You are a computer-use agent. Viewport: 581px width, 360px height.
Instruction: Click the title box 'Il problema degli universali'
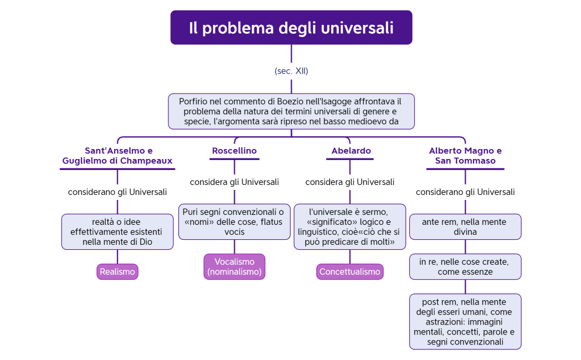[291, 27]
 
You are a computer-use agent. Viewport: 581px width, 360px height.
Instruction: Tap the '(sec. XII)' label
[291, 71]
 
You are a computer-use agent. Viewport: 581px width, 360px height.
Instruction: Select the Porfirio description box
[291, 111]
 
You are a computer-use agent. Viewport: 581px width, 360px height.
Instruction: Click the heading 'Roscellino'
[234, 151]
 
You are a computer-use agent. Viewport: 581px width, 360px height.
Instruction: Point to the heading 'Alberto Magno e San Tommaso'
[465, 156]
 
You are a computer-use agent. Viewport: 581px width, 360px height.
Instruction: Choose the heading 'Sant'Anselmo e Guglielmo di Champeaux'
[117, 156]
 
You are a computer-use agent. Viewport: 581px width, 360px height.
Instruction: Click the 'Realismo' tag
[117, 271]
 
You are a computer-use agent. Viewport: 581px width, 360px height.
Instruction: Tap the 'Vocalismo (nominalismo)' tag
[234, 266]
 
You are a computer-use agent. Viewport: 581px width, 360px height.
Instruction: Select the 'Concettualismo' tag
[350, 271]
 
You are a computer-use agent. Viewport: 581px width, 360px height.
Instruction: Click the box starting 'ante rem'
[465, 227]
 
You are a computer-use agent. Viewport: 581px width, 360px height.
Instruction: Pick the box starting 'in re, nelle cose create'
[465, 266]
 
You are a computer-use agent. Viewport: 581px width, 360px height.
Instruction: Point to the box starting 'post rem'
[465, 321]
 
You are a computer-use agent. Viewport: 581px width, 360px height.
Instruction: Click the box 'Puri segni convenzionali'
[234, 222]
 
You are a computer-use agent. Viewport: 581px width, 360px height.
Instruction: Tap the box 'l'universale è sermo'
[350, 227]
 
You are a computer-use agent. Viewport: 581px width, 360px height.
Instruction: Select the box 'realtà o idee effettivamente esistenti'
[117, 232]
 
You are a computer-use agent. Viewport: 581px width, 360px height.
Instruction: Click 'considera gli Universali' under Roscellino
[234, 182]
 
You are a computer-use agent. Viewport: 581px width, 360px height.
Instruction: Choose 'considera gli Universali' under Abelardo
[350, 182]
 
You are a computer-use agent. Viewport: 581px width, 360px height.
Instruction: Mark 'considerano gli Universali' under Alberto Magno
[465, 192]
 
